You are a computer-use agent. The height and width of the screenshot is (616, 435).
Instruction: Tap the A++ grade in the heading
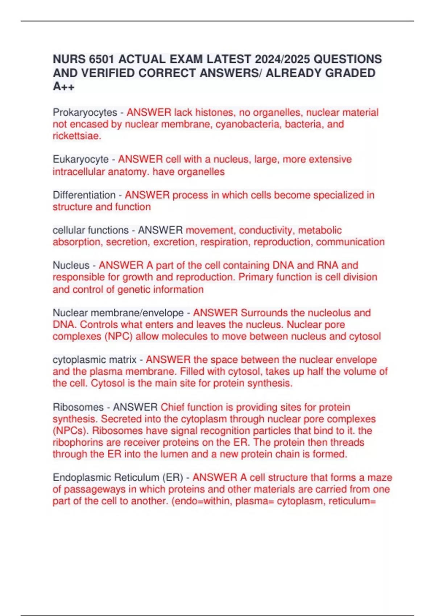click(64, 87)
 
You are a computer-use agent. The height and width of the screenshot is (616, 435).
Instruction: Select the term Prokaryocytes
click(85, 112)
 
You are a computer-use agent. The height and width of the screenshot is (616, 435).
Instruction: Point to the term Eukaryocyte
click(80, 159)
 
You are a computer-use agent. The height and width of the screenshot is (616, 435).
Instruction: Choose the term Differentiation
click(84, 195)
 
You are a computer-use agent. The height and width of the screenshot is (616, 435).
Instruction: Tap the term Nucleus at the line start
click(71, 265)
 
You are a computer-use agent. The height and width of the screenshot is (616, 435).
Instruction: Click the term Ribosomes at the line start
click(78, 407)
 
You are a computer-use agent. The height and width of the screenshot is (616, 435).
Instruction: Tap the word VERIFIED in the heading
click(108, 73)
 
